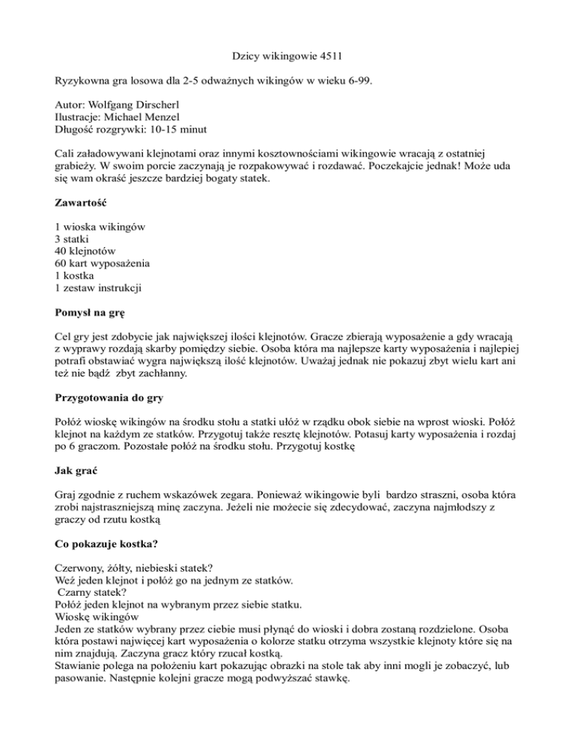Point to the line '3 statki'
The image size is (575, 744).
(76, 240)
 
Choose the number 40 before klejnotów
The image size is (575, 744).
(62, 252)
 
